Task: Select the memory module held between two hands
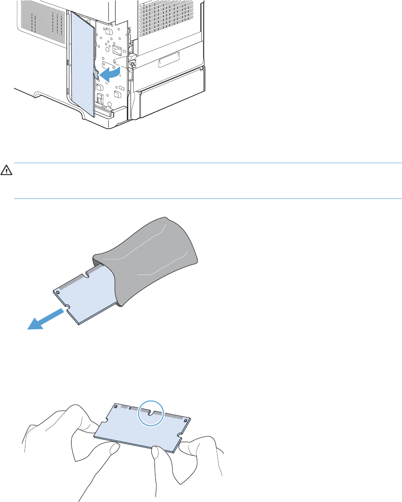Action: [x=140, y=426]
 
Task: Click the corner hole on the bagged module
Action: [x=57, y=293]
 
